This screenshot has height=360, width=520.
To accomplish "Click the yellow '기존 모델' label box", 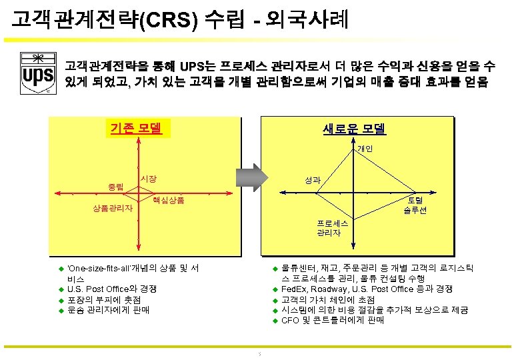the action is click(139, 127).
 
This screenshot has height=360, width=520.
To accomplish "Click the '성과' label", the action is click(313, 180).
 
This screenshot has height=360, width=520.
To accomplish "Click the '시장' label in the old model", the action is click(148, 179).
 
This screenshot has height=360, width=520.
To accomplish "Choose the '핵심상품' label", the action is click(168, 200).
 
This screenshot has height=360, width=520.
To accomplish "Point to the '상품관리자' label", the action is click(112, 209).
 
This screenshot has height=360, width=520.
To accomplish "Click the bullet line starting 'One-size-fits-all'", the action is click(133, 268).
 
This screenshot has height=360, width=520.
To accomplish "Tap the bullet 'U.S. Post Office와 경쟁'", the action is click(112, 289).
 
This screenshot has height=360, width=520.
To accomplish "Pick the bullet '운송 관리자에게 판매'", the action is click(109, 310).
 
